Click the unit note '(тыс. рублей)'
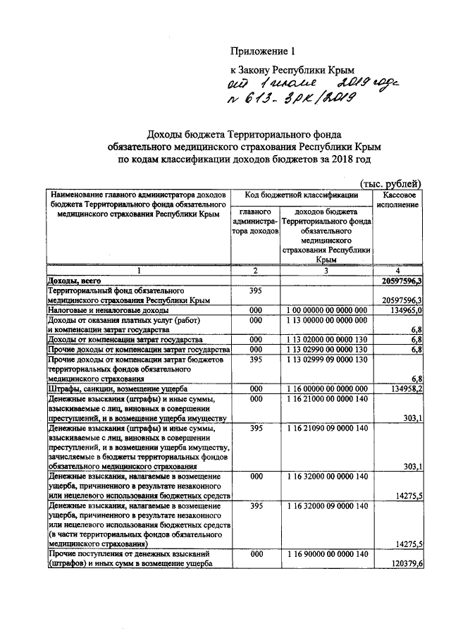coord(390,183)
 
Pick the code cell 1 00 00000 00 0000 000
coord(326,310)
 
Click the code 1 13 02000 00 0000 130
coord(326,340)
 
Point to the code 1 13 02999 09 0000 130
coord(326,360)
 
